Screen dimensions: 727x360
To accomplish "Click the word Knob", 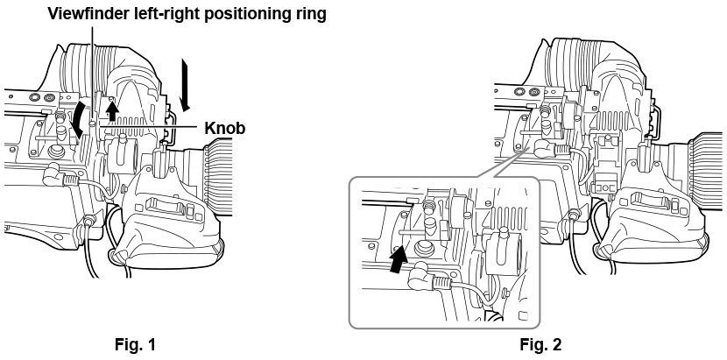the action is pos(225,128).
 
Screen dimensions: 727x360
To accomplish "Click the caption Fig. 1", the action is pos(136,345).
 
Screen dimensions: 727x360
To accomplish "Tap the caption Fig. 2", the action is pos(540,345).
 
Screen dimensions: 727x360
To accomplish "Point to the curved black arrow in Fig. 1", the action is pos(76,119).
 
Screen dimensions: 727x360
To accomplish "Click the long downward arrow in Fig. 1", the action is pos(186,85).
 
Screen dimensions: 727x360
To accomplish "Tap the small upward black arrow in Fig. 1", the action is pos(111,111).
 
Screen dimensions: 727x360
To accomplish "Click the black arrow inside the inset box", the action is pos(398,259).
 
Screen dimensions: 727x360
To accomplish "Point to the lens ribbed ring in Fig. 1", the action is pos(217,177).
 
